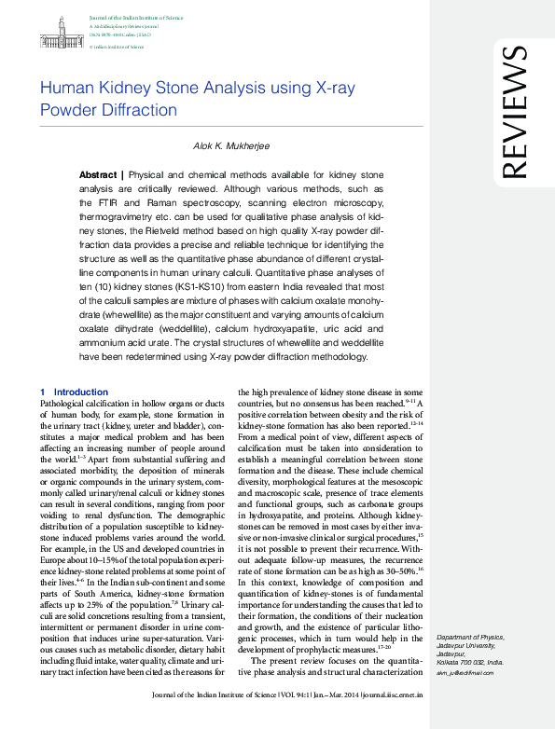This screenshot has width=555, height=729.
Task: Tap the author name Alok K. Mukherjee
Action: click(231, 147)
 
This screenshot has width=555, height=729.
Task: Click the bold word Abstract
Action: click(98, 175)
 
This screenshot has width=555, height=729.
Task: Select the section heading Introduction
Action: click(81, 392)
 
